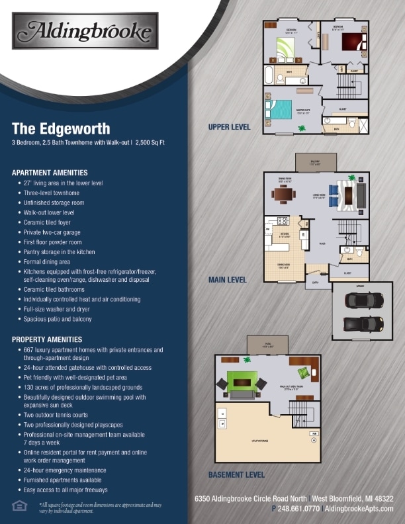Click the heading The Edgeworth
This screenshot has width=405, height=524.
coord(61,128)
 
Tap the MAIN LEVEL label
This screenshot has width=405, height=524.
coord(227,280)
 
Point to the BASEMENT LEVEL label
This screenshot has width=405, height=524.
coord(236,474)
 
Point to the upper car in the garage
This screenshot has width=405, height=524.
coord(358,300)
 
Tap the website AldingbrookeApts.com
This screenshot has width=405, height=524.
coord(359,509)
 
